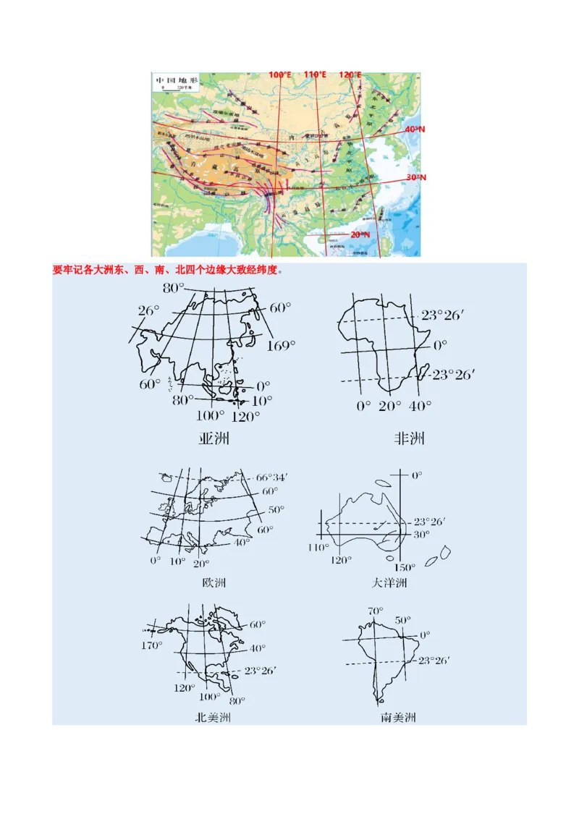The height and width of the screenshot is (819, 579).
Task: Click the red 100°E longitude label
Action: (281, 75)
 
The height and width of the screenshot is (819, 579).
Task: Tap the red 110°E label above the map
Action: (316, 75)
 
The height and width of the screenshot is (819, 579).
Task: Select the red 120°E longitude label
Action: (350, 75)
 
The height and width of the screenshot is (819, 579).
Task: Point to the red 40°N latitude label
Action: (415, 129)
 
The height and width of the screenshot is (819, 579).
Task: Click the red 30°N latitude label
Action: (415, 177)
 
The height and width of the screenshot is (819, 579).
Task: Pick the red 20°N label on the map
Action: (360, 234)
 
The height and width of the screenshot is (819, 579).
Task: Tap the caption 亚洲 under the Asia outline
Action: (215, 438)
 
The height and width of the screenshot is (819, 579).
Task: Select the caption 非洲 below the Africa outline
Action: (409, 438)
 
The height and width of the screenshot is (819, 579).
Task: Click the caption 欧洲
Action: (214, 582)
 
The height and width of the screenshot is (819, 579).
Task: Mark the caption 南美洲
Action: (398, 718)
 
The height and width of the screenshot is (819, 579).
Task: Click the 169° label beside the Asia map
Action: (281, 346)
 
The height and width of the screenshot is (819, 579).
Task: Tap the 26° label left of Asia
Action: (148, 310)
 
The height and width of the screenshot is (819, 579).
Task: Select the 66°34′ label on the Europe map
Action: (272, 478)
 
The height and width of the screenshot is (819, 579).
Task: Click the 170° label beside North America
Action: (151, 645)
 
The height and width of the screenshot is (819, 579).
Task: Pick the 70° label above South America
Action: (375, 611)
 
